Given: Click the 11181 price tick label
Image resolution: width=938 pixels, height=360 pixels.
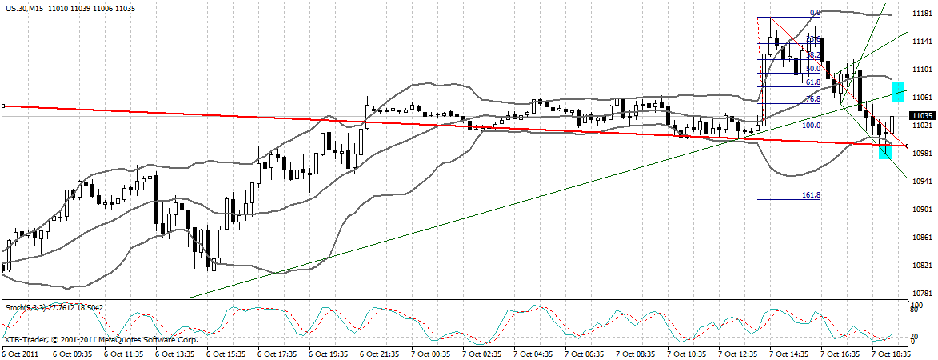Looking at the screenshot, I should coord(921,14).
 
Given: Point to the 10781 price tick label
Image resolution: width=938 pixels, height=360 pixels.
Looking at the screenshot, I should coord(921,294).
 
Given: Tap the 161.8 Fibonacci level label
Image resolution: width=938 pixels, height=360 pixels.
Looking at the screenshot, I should coord(811,194).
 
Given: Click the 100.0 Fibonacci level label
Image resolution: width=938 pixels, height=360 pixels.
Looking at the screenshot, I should coord(811,126).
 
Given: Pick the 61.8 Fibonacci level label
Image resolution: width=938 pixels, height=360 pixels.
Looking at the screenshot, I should coord(812,82).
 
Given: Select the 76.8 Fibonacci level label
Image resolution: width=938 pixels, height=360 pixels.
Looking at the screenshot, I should coord(812,98).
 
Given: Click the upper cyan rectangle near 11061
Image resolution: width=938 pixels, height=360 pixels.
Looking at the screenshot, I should coord(898,92).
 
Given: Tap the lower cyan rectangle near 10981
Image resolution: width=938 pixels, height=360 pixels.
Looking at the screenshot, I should coord(884,151).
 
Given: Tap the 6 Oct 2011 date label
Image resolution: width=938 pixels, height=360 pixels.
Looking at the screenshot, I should coord(20,352).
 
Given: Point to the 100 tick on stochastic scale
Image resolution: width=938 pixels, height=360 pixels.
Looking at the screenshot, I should coord(918,306).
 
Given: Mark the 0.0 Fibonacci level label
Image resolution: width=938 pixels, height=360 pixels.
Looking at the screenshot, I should coord(816,13).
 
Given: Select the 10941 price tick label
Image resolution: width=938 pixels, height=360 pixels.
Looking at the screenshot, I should coord(921,182).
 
